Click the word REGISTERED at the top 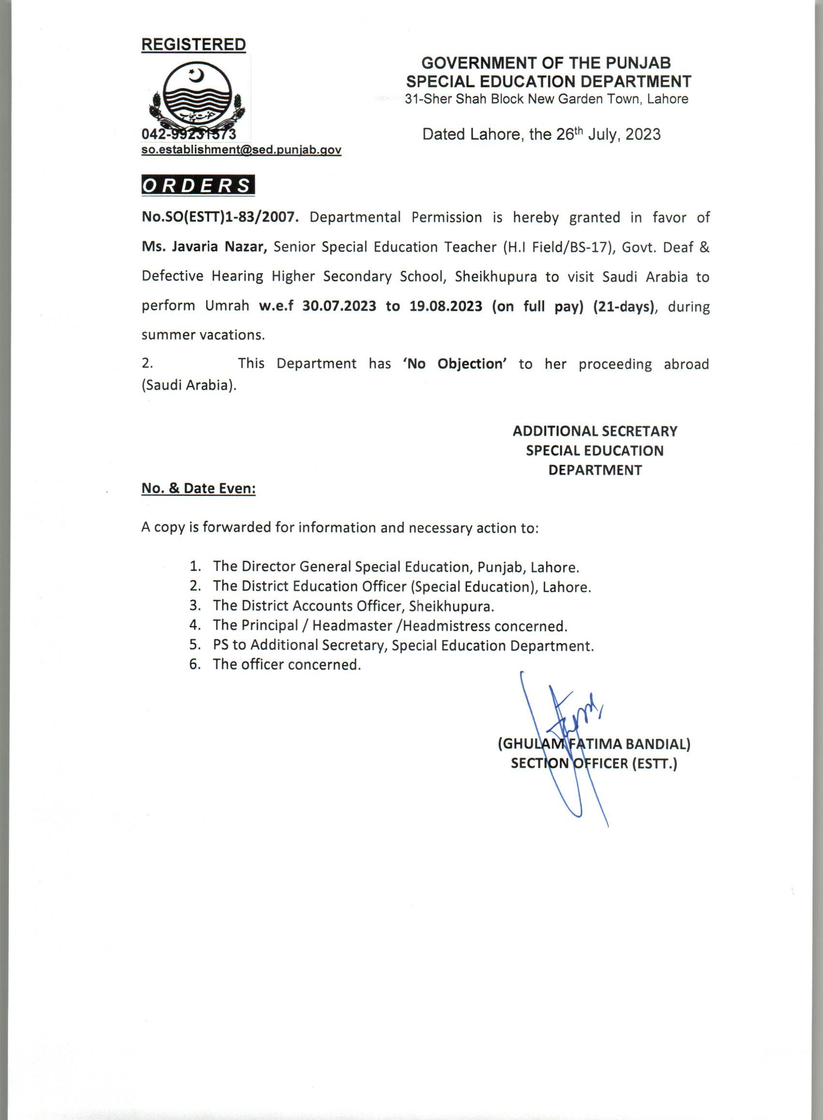click(x=193, y=45)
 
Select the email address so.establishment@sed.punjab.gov click(x=241, y=150)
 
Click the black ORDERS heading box click(x=198, y=185)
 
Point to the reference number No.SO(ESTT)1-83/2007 click(x=220, y=218)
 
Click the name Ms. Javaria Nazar click(x=204, y=247)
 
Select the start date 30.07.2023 click(x=339, y=306)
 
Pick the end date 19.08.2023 click(x=446, y=306)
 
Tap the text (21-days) click(x=623, y=306)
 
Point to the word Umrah click(x=227, y=306)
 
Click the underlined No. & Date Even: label click(x=198, y=488)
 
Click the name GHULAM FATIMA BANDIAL click(x=594, y=744)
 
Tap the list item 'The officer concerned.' click(x=287, y=665)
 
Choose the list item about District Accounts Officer click(x=353, y=606)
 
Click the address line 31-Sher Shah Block click(x=547, y=99)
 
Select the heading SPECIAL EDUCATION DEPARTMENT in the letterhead click(x=549, y=81)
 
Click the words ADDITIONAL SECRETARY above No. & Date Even click(x=595, y=431)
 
